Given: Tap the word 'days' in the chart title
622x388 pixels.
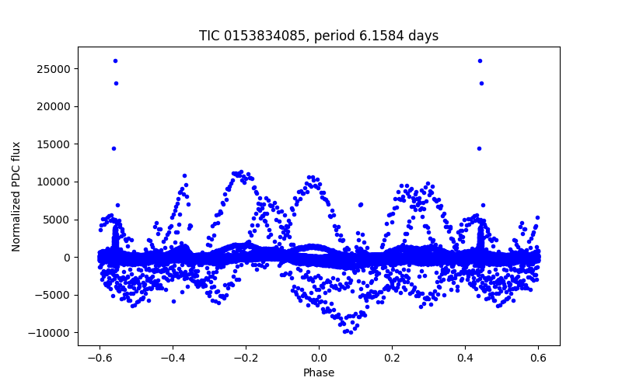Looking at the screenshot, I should pyautogui.click(x=422, y=36).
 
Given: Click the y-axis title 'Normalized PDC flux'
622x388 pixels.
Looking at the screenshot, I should pyautogui.click(x=16, y=196).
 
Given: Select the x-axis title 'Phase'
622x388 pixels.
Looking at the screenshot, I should pyautogui.click(x=319, y=372).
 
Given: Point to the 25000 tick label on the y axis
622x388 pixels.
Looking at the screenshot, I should pyautogui.click(x=54, y=69).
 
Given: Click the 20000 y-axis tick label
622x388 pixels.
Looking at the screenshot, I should pyautogui.click(x=54, y=106).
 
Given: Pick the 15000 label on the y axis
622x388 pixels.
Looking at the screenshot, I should pyautogui.click(x=54, y=144).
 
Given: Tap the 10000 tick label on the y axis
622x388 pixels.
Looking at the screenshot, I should pyautogui.click(x=54, y=182).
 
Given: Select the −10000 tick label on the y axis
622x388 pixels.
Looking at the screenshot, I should pyautogui.click(x=51, y=333).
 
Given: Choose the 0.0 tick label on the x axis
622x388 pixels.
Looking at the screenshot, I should pyautogui.click(x=319, y=358).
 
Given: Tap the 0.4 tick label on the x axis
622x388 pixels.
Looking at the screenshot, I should pyautogui.click(x=465, y=358).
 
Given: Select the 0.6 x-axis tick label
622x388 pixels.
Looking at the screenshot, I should pyautogui.click(x=538, y=358).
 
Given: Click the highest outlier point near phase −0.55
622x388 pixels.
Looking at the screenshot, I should pyautogui.click(x=115, y=61).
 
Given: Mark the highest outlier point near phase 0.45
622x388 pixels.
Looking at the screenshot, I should pyautogui.click(x=480, y=61).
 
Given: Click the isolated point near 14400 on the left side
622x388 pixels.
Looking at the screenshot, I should pyautogui.click(x=114, y=148).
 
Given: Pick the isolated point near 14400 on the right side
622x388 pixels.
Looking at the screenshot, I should pyautogui.click(x=479, y=148).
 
